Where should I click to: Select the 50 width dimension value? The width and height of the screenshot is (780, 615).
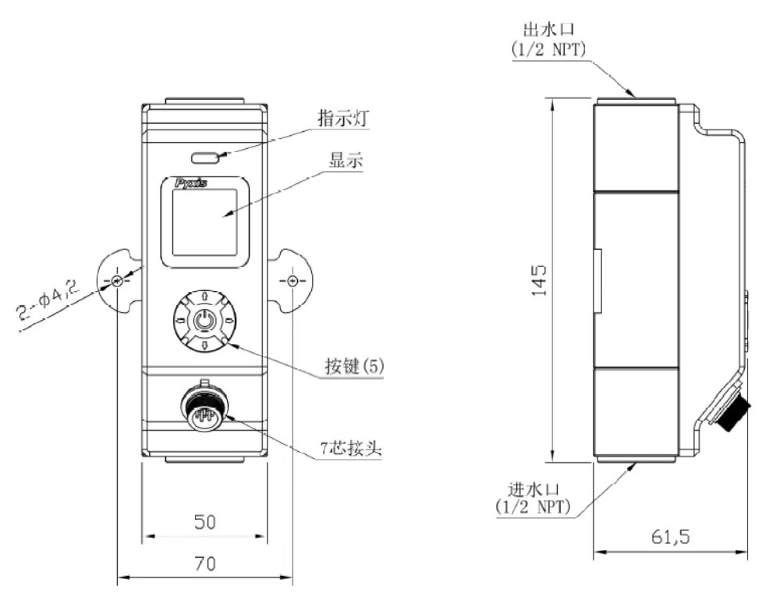coord(204,522)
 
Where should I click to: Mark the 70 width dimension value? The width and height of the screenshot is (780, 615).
coord(204,563)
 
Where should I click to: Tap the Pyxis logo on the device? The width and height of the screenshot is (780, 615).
coord(191,182)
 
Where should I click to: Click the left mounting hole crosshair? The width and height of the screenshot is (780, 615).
coord(117,281)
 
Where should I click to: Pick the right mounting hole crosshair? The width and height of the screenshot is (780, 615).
coord(292,281)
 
